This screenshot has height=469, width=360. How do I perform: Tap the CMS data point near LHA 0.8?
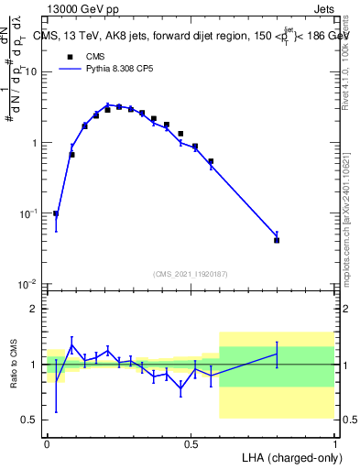(277, 240)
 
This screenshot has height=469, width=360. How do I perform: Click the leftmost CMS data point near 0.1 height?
(56, 213)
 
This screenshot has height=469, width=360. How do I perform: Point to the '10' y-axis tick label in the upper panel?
(33, 72)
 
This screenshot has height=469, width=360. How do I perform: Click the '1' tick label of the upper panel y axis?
(36, 143)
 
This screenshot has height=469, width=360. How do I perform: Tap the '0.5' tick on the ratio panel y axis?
(30, 420)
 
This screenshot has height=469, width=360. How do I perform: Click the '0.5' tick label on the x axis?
(191, 443)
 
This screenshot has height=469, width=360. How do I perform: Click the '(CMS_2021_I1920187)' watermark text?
(191, 273)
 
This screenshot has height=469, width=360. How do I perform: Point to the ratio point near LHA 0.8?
(277, 354)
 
